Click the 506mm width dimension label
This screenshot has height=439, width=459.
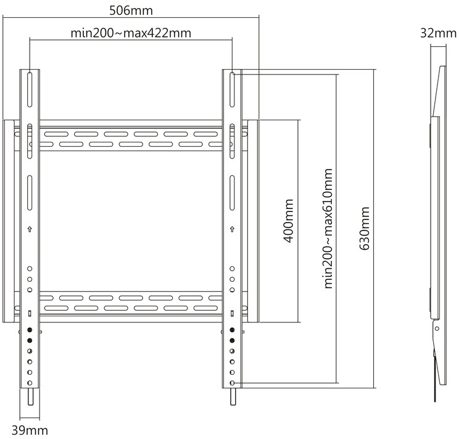131,11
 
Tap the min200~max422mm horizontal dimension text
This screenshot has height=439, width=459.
131,33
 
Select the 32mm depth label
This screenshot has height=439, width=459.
438,33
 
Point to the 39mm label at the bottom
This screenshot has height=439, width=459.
30,430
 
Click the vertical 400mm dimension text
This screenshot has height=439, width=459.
289,221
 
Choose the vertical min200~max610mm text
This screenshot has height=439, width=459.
328,228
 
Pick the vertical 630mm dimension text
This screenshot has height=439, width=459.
365,228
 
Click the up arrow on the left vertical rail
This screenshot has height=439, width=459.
30,229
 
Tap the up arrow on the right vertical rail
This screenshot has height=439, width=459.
232,229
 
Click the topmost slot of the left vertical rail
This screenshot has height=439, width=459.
30,89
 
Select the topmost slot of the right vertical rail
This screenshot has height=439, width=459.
232,89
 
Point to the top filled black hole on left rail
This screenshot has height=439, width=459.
30,330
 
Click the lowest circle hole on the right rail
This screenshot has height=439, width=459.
232,383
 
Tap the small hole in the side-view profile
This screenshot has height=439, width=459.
437,329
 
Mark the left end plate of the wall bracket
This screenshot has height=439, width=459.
9,221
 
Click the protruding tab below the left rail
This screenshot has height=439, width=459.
30,397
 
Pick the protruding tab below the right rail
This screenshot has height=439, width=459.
233,397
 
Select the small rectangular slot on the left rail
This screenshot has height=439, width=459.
30,314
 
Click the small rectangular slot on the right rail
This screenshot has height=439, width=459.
232,314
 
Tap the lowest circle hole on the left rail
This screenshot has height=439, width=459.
30,383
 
